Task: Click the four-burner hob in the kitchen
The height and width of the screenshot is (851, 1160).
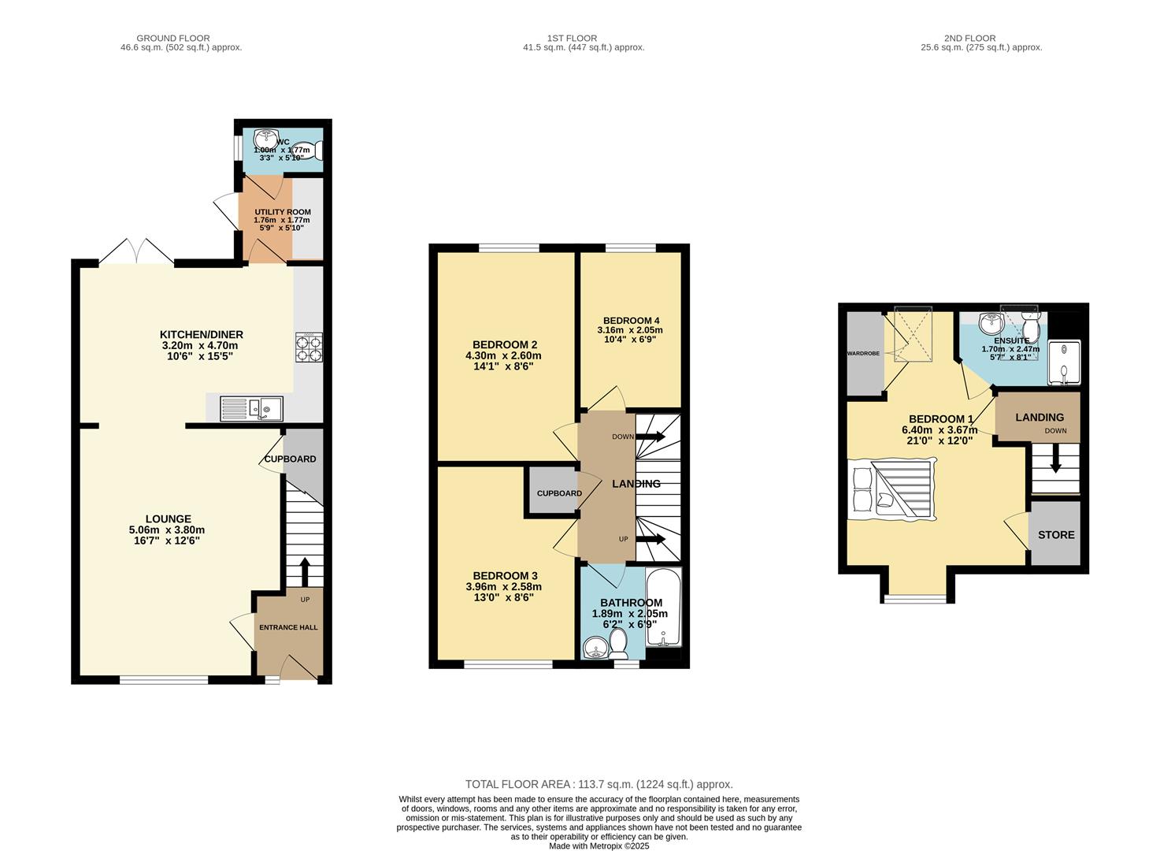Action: (x=309, y=347)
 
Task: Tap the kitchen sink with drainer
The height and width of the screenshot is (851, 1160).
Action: (x=251, y=408)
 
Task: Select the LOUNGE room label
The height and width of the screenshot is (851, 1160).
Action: (x=169, y=518)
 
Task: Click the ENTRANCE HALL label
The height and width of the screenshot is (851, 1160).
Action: (x=288, y=627)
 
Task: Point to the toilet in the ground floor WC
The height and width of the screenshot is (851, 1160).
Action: (x=309, y=151)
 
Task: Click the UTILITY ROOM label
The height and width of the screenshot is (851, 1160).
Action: (x=283, y=212)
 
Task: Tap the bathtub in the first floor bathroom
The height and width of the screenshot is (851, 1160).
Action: (x=663, y=607)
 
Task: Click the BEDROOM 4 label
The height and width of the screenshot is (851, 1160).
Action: (x=632, y=320)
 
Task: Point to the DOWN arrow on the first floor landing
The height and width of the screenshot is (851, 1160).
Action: (x=650, y=437)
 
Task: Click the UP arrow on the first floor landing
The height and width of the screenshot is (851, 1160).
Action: (x=650, y=539)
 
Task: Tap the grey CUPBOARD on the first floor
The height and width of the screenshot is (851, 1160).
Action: (x=554, y=492)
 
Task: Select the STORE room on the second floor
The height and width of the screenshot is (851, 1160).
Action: (x=1056, y=533)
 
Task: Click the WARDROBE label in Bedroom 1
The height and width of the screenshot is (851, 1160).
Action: (x=863, y=354)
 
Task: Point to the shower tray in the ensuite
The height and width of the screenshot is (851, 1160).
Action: (x=1065, y=362)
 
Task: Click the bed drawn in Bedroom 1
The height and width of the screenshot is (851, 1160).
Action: (x=892, y=489)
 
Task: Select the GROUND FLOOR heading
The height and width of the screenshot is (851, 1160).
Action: (x=173, y=38)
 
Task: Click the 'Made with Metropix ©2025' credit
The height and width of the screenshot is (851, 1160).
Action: (x=599, y=846)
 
